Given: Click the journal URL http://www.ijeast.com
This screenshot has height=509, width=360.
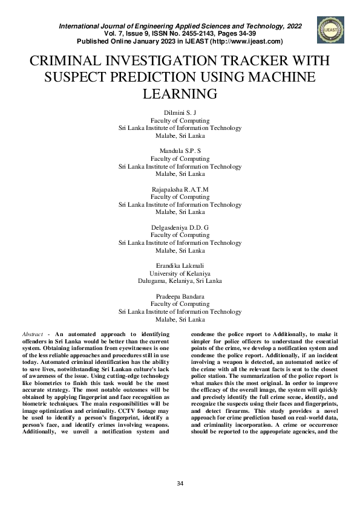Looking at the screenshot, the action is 244,42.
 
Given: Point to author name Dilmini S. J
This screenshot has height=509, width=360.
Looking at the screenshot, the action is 180,113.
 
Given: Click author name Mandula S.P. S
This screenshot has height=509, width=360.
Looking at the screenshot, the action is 180,151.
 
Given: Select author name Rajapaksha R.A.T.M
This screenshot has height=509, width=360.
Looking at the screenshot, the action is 180,189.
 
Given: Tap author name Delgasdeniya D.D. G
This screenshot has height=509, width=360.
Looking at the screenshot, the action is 180,227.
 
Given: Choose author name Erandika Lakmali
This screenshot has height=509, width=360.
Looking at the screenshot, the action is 180,265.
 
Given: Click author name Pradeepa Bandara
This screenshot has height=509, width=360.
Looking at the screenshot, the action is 180,296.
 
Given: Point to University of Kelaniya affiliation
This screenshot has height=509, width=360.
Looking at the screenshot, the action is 180,273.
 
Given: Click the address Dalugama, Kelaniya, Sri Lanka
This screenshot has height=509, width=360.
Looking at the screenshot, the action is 180,281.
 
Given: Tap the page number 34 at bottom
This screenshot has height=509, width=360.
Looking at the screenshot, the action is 180,484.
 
